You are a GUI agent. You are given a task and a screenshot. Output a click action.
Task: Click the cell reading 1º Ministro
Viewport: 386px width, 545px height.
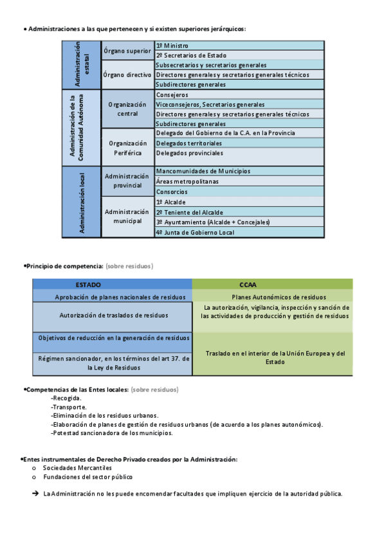click(239, 46)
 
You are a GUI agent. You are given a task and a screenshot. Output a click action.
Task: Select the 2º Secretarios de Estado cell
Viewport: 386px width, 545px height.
click(239, 55)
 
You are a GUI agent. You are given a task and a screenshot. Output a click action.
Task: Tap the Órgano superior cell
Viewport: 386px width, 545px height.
click(127, 50)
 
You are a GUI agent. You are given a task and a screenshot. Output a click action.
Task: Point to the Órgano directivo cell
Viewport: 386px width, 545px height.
click(127, 75)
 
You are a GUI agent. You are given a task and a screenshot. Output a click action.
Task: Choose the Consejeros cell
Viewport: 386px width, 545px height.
click(239, 94)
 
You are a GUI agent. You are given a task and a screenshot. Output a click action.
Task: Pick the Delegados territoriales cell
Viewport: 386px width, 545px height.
click(239, 143)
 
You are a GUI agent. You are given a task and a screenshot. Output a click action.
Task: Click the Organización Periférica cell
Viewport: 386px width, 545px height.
click(127, 147)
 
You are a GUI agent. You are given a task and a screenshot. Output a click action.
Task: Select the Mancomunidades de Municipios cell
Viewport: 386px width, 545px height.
click(239, 171)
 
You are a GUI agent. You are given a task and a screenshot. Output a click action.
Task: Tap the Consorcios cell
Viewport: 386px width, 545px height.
click(239, 192)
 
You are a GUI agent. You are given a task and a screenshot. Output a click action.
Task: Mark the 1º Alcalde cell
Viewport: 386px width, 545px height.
click(239, 202)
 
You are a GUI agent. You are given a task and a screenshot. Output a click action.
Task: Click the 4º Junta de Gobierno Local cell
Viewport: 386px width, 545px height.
click(239, 232)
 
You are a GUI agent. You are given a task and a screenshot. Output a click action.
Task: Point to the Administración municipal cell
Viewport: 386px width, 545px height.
click(127, 217)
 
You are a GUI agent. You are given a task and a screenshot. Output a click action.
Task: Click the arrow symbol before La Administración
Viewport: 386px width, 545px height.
click(35, 494)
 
